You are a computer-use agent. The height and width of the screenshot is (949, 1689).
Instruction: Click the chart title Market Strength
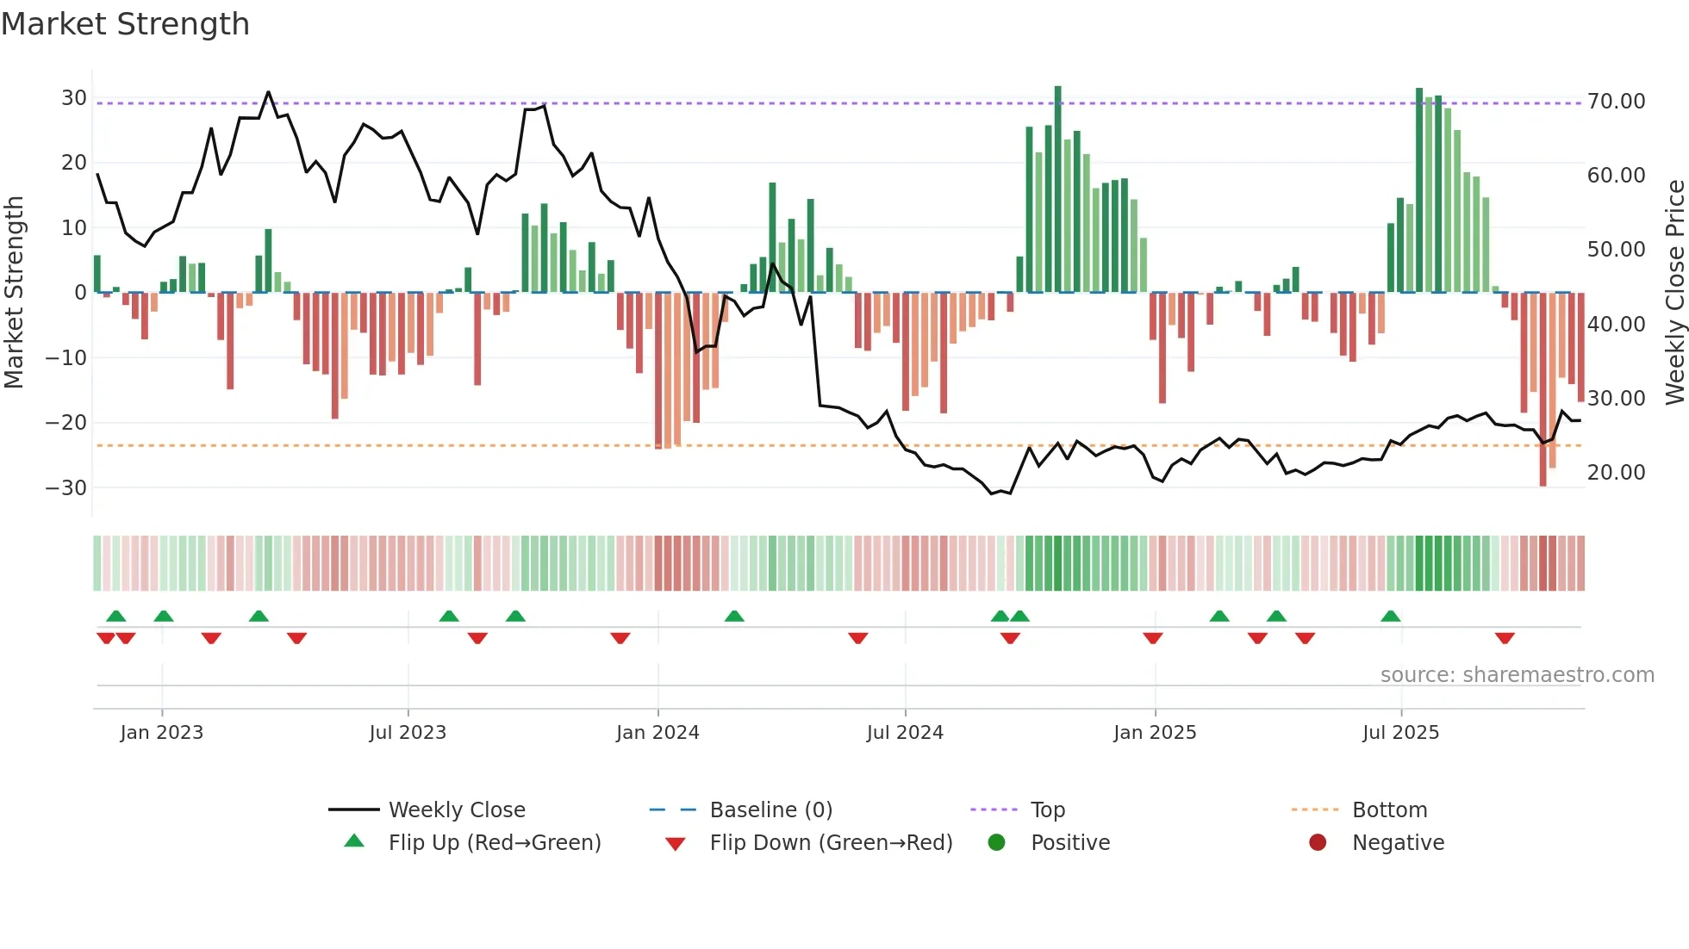[x=125, y=24]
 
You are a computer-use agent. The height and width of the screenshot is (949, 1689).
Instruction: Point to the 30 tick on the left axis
[x=73, y=98]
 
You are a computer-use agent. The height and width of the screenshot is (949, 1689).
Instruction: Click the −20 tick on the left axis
[x=66, y=423]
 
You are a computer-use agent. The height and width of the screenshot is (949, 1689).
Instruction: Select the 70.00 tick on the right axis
[x=1616, y=102]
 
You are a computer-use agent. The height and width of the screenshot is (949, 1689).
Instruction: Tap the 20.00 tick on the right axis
[x=1616, y=473]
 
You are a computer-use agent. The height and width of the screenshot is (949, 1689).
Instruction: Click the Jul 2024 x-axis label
[x=905, y=733]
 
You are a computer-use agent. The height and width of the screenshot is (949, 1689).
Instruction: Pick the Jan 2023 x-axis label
[x=162, y=733]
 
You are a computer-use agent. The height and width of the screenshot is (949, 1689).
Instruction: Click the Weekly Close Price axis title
[x=1674, y=292]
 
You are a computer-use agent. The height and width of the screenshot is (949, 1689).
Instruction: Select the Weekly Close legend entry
[x=456, y=810]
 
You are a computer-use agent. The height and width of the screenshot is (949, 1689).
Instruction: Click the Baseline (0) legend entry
[x=770, y=810]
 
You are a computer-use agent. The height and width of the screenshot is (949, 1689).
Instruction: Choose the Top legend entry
[x=1047, y=810]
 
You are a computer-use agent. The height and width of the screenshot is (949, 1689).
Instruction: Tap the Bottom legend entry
[x=1389, y=810]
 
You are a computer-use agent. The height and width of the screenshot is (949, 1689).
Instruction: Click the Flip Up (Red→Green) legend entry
[x=494, y=843]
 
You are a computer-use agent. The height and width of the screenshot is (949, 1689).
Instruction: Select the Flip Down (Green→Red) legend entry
[x=831, y=843]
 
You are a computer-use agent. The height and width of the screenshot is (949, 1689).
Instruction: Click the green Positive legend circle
[x=997, y=843]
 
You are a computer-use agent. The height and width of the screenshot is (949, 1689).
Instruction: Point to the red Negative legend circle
[x=1318, y=843]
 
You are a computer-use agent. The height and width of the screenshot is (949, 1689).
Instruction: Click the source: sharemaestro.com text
[x=1517, y=675]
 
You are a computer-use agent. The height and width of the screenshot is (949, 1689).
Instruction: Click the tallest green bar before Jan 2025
[x=1058, y=189]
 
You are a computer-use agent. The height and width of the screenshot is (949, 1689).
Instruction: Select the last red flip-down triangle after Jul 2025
[x=1505, y=638]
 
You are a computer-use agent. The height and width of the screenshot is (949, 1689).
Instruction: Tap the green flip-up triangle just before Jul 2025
[x=1391, y=616]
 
